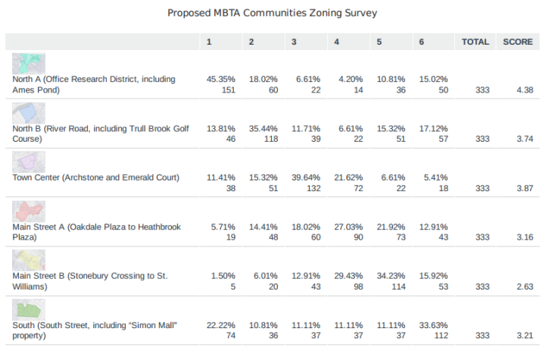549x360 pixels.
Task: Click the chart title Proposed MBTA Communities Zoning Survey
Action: [272, 14]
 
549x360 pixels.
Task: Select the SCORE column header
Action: [518, 42]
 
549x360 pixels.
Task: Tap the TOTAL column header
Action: [476, 42]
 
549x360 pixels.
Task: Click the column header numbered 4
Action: [336, 42]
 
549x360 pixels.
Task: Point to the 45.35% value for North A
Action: [221, 79]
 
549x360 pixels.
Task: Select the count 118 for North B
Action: [270, 139]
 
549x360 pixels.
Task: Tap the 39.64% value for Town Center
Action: [306, 177]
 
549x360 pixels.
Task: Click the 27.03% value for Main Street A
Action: [348, 227]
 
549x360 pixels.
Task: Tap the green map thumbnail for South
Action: [29, 309]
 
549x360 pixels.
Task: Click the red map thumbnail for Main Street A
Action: [29, 211]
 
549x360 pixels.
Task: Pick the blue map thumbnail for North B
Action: [29, 113]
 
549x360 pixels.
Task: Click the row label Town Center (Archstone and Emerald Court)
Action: [96, 177]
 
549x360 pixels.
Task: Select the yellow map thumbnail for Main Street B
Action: [29, 260]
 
